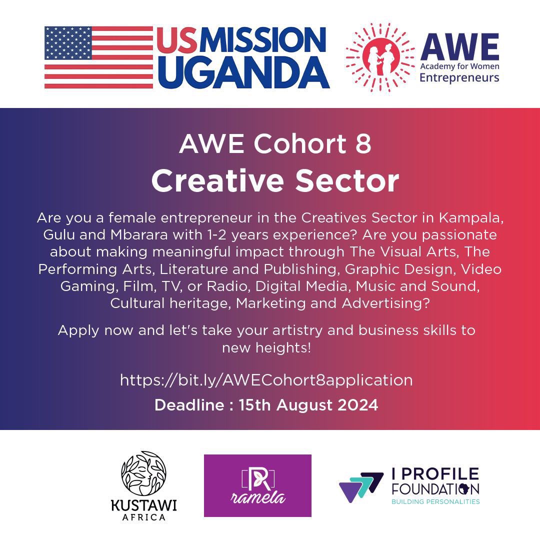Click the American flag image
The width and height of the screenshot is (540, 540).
tap(98, 57)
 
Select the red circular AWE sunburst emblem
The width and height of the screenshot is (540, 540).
tap(380, 57)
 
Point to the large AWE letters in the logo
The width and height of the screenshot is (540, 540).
tap(459, 46)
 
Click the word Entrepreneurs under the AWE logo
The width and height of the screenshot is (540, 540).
tap(459, 77)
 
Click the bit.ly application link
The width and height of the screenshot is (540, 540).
tap(266, 380)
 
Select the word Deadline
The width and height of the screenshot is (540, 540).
tap(189, 405)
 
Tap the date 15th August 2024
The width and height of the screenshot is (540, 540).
tap(308, 405)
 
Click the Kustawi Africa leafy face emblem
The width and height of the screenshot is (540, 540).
tap(143, 473)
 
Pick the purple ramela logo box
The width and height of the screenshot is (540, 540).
tap(257, 485)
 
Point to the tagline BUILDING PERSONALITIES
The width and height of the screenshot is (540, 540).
tap(435, 501)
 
